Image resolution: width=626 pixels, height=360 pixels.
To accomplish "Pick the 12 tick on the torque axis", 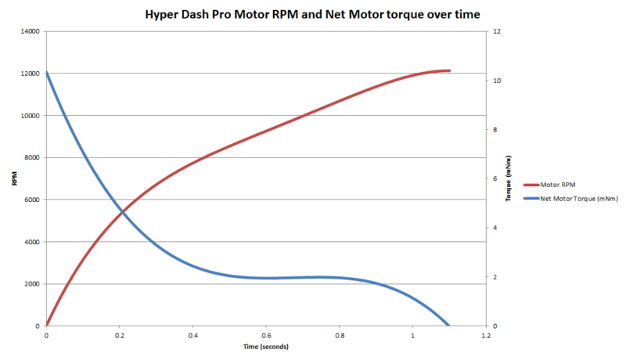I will [x=495, y=31].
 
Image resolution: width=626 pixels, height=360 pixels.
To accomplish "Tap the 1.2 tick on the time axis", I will [x=486, y=336].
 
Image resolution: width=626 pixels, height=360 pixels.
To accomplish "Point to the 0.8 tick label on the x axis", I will [x=340, y=336].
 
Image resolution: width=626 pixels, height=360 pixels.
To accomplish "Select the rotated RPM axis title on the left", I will [x=14, y=178].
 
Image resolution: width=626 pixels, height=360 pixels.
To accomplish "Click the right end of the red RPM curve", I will [x=450, y=70].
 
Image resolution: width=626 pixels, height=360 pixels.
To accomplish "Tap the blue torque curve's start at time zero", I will [x=47, y=73].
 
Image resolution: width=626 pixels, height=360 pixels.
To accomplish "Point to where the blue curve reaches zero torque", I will [x=449, y=326].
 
